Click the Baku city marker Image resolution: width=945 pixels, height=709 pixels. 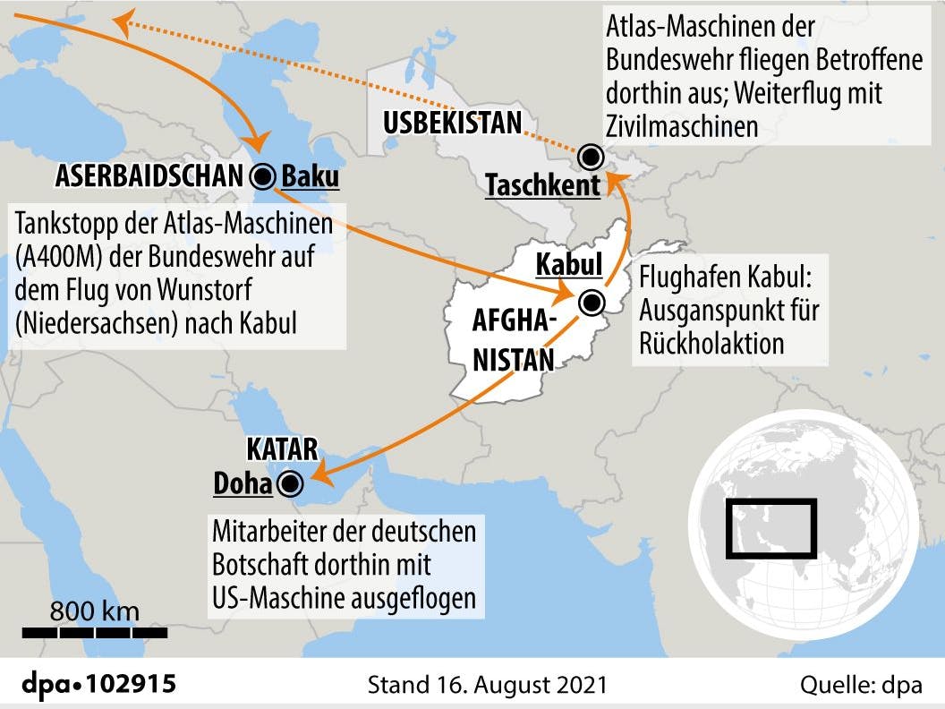point(264,176)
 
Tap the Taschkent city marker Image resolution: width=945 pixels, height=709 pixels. point(590,158)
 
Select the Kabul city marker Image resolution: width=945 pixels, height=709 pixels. point(590,303)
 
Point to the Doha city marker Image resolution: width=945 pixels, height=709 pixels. point(289,484)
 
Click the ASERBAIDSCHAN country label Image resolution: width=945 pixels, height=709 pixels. point(149,176)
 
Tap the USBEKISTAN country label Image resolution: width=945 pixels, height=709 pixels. point(453,123)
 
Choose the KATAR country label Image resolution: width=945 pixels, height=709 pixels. point(282,448)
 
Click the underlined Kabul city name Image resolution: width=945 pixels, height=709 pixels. point(568,266)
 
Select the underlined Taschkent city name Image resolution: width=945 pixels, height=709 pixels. point(542,186)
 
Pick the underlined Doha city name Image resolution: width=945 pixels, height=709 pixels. point(243,484)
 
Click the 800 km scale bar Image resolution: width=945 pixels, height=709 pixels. point(95,632)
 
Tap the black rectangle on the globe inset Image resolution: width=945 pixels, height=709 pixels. point(770,528)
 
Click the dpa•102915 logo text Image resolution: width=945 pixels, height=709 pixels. point(98,686)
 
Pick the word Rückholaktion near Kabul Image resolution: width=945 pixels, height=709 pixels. point(711,344)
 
